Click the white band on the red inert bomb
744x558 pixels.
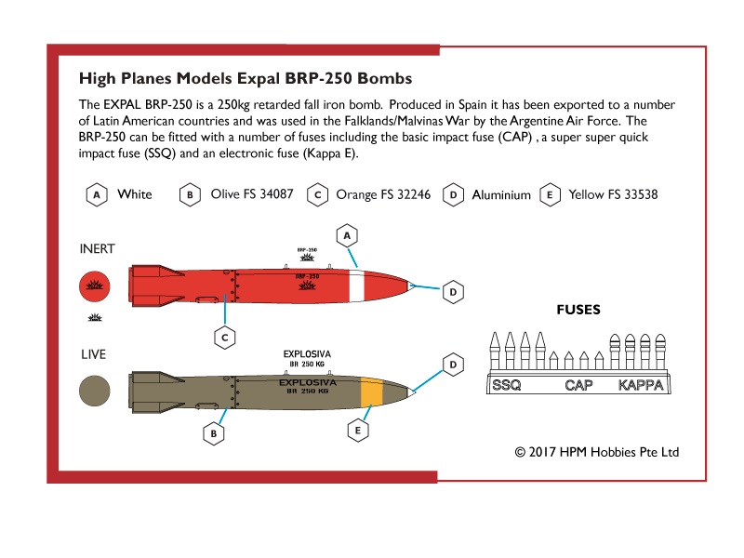point(357,286)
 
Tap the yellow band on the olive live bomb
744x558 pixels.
point(372,392)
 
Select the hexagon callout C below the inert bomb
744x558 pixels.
point(225,338)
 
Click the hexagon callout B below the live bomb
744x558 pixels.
point(214,433)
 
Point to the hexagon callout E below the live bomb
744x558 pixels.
point(358,431)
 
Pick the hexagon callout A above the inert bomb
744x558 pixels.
point(347,236)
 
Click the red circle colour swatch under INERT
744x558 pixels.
point(95,286)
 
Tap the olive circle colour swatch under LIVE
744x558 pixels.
point(95,391)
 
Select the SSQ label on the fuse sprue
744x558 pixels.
point(506,385)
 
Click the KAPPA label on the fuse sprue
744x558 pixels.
point(641,385)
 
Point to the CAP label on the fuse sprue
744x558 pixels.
point(578,385)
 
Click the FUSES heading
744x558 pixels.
point(578,310)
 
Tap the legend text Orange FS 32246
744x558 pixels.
point(383,194)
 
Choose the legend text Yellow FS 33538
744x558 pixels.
point(613,194)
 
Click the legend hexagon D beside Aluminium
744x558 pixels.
point(453,195)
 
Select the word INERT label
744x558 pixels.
point(98,249)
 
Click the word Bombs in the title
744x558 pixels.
point(385,78)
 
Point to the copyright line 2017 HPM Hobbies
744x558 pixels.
point(597,452)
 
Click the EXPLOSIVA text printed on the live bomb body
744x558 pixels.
point(308,382)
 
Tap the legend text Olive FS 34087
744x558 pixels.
point(252,194)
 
